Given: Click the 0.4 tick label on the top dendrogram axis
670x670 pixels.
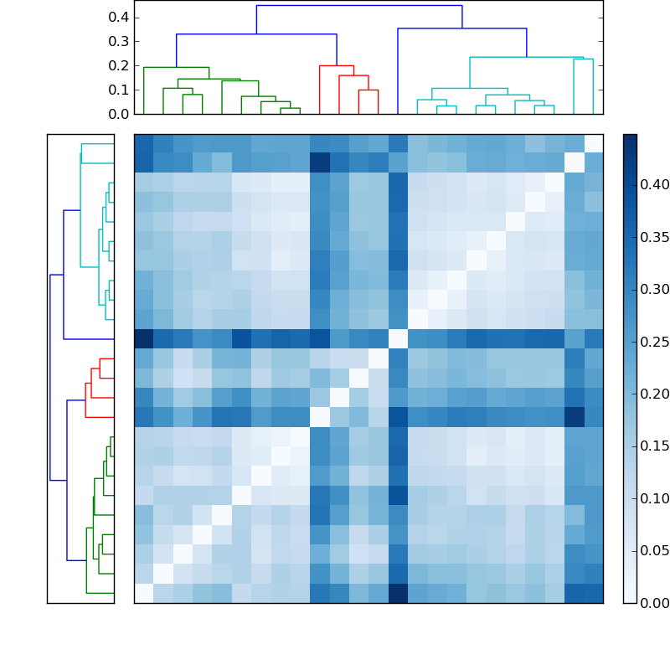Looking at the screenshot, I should point(118,17).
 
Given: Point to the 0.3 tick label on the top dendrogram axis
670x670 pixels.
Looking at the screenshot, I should point(118,41).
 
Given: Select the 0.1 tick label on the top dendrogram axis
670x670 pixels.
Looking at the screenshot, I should point(118,90).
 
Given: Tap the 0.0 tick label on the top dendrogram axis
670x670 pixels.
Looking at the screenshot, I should point(118,114).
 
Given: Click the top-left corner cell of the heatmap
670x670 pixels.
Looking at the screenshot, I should point(144,143).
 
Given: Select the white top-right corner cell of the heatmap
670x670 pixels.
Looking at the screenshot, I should point(593,143).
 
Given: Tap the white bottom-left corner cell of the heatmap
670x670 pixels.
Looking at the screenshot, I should point(144,593).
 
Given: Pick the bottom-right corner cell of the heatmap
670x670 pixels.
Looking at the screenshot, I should point(593,593).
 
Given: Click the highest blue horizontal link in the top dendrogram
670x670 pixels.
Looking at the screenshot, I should point(358,6).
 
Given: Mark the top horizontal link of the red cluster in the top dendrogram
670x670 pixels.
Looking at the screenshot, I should point(337,65).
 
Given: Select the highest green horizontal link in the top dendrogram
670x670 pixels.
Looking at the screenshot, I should point(176,67).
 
